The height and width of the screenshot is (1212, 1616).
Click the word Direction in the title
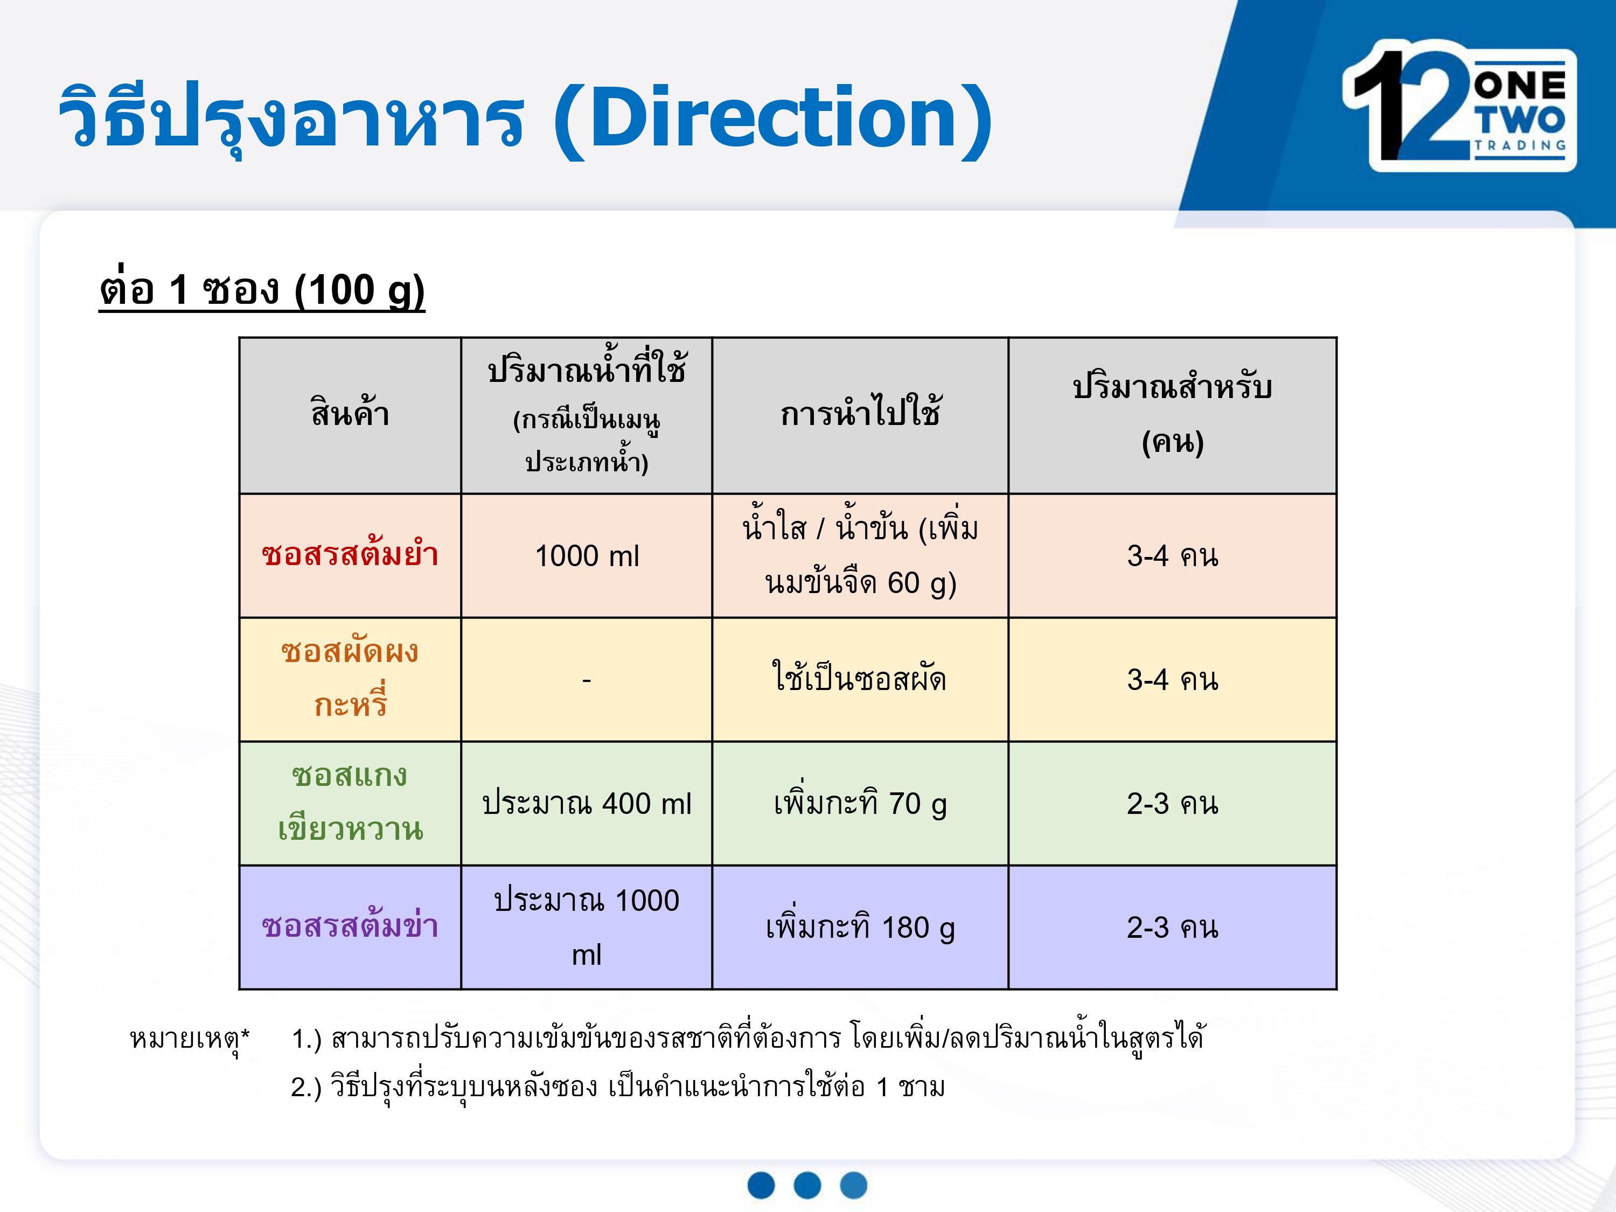click(x=773, y=117)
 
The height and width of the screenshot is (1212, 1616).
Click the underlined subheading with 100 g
click(x=262, y=291)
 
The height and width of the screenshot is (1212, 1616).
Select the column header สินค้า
click(x=350, y=414)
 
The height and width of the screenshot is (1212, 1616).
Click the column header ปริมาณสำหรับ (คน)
click(x=1173, y=414)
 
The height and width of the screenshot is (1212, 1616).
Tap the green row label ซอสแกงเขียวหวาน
click(x=350, y=802)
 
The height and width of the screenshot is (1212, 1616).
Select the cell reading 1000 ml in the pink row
click(x=587, y=556)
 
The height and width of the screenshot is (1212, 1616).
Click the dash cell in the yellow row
click(x=587, y=680)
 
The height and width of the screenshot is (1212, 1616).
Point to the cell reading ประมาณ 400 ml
click(x=587, y=804)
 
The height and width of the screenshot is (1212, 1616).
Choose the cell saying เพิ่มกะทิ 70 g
click(x=860, y=803)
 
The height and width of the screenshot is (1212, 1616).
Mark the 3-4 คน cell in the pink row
click(x=1173, y=556)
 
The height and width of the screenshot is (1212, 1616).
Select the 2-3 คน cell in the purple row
click(x=1173, y=928)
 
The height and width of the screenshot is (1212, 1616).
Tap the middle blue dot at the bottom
click(x=807, y=1184)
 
